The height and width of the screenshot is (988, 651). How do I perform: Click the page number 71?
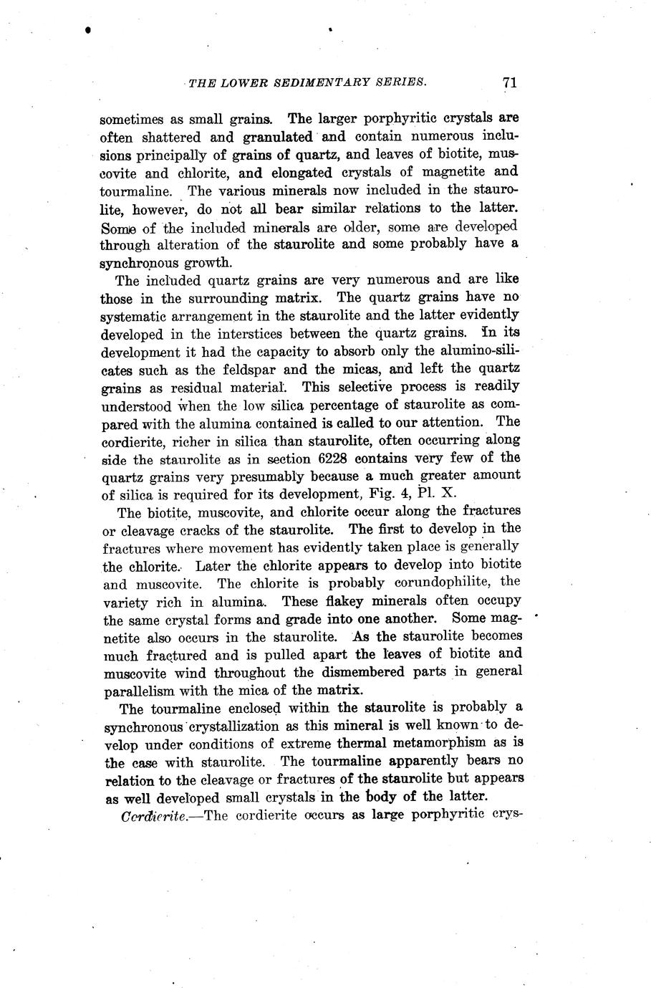pos(509,82)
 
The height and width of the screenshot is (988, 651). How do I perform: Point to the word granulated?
pos(278,136)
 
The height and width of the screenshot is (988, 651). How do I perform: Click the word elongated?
pos(299,173)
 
